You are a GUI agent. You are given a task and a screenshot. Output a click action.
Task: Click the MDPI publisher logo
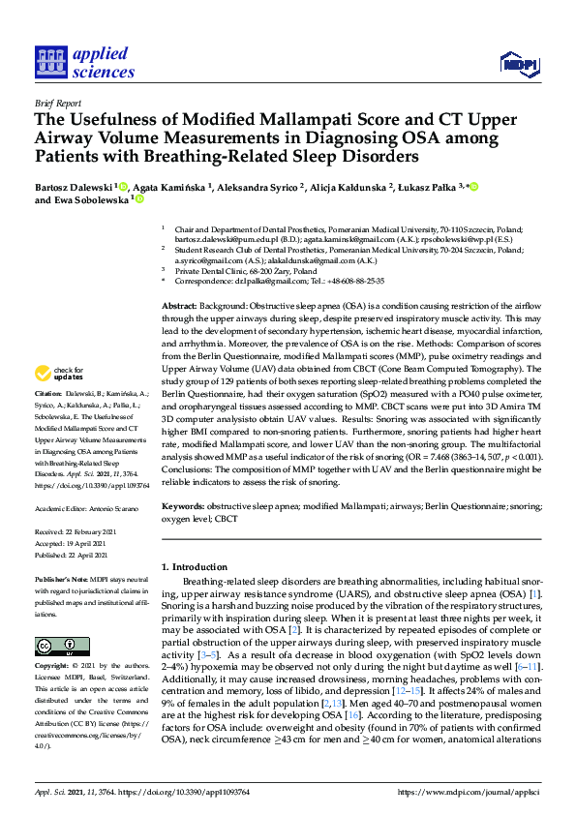pyautogui.click(x=518, y=64)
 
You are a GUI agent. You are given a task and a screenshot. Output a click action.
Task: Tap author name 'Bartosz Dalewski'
pyautogui.click(x=73, y=186)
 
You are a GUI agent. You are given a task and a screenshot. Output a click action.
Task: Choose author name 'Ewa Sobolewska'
pyautogui.click(x=90, y=200)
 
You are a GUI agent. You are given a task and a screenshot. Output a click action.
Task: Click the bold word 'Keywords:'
pyautogui.click(x=183, y=506)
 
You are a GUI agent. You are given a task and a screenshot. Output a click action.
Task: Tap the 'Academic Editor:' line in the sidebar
pyautogui.click(x=84, y=508)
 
